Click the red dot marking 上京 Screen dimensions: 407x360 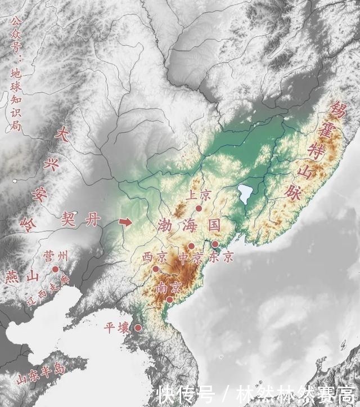tap(199, 208)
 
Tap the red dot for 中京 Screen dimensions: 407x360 tap(191, 246)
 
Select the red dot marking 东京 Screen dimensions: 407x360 tap(215, 244)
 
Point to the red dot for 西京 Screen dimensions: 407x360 tap(156, 269)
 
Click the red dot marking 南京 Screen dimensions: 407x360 tap(169, 299)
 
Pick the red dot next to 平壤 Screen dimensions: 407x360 tap(138, 328)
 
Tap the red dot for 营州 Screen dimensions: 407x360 tap(55, 270)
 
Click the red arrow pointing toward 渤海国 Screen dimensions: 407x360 tap(127, 222)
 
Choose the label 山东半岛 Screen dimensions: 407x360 tap(40, 372)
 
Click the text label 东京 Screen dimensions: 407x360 tap(220, 257)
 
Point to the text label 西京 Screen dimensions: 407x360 tap(154, 257)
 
